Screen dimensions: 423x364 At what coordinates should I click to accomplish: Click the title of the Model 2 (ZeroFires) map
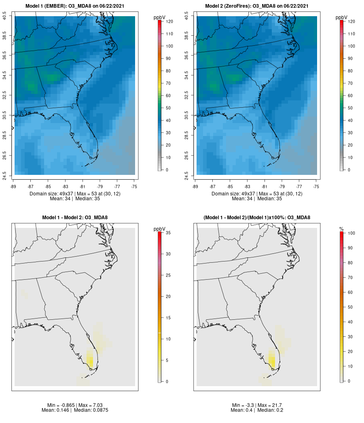(257, 6)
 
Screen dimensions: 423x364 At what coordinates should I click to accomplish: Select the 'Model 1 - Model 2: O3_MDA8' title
(75, 218)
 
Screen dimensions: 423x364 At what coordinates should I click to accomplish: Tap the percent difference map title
(257, 218)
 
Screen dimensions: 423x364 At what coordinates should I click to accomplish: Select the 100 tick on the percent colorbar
(350, 233)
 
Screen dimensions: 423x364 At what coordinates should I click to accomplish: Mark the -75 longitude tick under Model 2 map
(316, 187)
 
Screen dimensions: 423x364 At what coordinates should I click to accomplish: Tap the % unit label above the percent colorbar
(342, 229)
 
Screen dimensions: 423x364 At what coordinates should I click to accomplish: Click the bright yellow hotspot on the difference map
(90, 358)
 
